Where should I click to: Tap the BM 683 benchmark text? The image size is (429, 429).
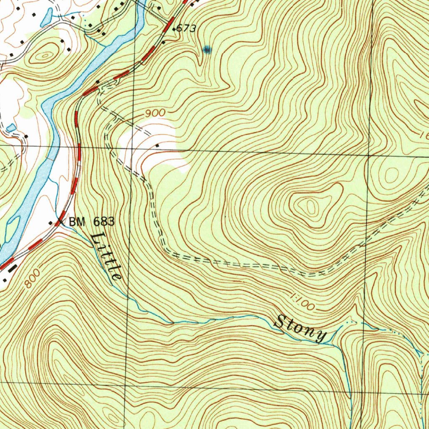tap(91, 222)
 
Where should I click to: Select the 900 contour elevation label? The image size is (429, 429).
tap(155, 114)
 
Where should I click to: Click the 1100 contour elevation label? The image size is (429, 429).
tap(302, 302)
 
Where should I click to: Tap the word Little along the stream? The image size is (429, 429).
tap(106, 256)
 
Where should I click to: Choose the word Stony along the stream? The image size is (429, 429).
tap(300, 328)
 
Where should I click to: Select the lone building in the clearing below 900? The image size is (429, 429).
tap(157, 145)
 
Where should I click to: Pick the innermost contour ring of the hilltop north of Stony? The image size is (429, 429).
tap(310, 206)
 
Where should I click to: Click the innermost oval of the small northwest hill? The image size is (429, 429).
tap(45, 55)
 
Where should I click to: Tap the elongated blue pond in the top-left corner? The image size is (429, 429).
tap(47, 16)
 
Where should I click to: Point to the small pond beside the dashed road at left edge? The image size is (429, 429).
tap(11, 127)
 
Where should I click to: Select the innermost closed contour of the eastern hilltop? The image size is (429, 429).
tap(392, 174)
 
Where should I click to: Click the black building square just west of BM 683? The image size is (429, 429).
tap(52, 223)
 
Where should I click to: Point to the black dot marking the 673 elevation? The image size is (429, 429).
tap(174, 29)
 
